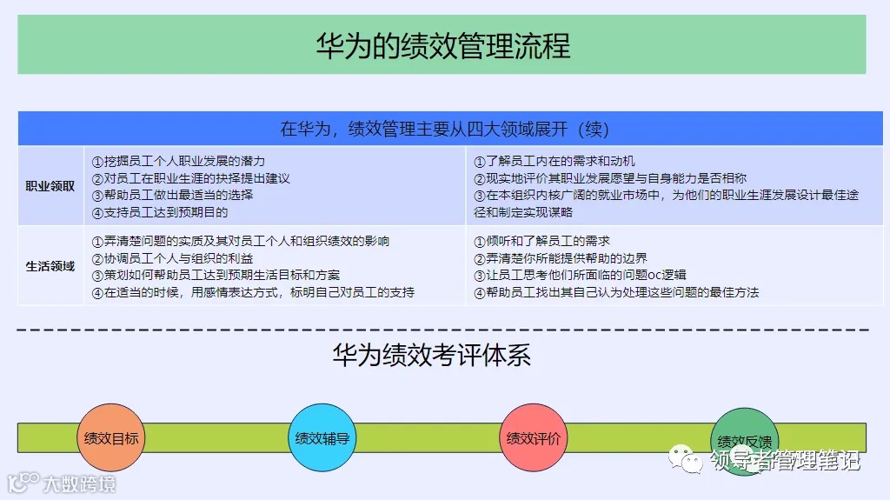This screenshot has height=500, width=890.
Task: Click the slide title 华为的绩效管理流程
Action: click(x=442, y=44)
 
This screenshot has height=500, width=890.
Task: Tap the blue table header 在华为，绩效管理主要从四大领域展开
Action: click(x=443, y=129)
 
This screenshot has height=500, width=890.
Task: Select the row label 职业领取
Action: click(x=50, y=186)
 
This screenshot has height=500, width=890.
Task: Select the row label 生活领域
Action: click(x=50, y=266)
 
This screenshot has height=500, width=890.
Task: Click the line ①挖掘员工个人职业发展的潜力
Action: click(x=178, y=161)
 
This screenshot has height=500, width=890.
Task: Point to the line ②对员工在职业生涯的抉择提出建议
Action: click(x=190, y=178)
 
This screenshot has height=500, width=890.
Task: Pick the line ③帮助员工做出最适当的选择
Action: click(x=172, y=195)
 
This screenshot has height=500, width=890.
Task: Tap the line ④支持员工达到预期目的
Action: click(x=160, y=212)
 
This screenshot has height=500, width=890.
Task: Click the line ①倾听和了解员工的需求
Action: click(x=542, y=241)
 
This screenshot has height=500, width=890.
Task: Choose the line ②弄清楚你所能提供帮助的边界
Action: click(x=561, y=258)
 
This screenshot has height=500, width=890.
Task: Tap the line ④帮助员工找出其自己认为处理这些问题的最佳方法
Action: click(x=616, y=292)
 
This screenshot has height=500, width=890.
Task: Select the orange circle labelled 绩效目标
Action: click(x=110, y=437)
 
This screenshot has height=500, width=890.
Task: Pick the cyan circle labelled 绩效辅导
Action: click(x=322, y=437)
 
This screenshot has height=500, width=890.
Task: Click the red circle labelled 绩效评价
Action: click(x=534, y=437)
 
